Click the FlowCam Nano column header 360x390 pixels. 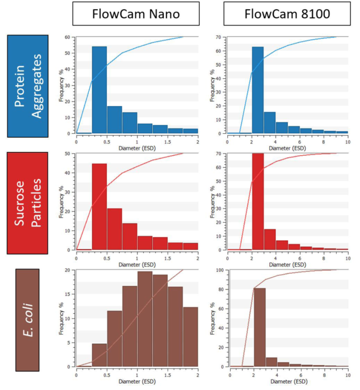[x=136, y=14]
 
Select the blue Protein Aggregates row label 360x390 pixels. [x=28, y=86]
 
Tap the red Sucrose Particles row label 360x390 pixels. [x=28, y=203]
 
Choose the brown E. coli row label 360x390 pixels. [x=27, y=320]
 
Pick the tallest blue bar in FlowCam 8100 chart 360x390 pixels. [x=258, y=90]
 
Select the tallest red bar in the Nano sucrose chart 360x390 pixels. [x=99, y=202]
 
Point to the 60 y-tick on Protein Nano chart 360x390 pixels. [x=67, y=37]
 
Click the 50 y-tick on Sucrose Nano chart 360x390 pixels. [x=67, y=153]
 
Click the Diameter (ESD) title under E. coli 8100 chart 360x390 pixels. [x=288, y=382]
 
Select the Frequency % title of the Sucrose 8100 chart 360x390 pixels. [x=214, y=202]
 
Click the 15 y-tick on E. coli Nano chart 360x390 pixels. [x=68, y=294]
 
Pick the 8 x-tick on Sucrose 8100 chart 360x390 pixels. [x=324, y=258]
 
